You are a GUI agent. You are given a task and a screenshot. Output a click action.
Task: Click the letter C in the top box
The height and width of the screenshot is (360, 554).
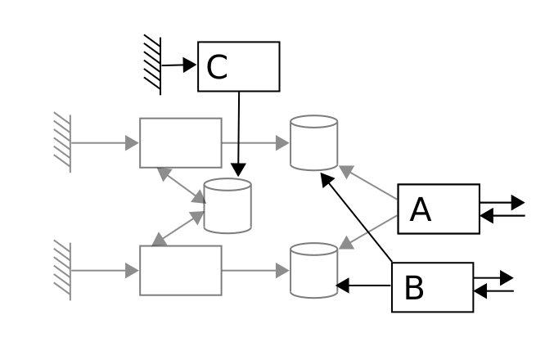pyautogui.click(x=217, y=67)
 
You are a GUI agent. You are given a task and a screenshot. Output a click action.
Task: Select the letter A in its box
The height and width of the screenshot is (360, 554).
pyautogui.click(x=420, y=210)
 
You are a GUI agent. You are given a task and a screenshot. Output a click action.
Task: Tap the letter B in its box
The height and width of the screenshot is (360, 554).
pyautogui.click(x=414, y=288)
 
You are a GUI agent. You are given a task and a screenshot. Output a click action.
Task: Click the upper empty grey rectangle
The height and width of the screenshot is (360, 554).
pyautogui.click(x=180, y=142)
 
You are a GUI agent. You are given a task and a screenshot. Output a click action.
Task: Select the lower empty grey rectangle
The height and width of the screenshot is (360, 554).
pyautogui.click(x=180, y=269)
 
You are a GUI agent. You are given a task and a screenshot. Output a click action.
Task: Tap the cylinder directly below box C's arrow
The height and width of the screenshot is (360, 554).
pyautogui.click(x=227, y=205)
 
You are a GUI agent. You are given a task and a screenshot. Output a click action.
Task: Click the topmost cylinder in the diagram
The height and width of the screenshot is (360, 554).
pyautogui.click(x=314, y=142)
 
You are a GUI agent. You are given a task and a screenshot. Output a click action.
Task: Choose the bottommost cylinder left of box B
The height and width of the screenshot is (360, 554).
pyautogui.click(x=314, y=269)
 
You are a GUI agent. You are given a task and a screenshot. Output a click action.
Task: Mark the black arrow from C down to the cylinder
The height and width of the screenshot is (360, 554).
pyautogui.click(x=239, y=131)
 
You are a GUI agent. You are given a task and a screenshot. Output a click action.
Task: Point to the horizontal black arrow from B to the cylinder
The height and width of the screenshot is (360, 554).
pyautogui.click(x=365, y=286)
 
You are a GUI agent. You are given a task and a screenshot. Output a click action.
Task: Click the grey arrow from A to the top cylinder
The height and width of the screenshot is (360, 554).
pyautogui.click(x=369, y=182)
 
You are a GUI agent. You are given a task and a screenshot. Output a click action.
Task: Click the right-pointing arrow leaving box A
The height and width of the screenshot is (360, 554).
pyautogui.click(x=502, y=200)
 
